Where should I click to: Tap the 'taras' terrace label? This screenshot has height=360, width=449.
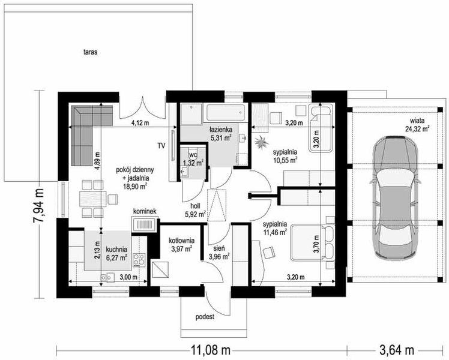click(x=91, y=52)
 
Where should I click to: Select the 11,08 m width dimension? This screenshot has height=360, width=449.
click(x=211, y=349)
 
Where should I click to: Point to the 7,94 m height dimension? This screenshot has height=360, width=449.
click(x=38, y=205)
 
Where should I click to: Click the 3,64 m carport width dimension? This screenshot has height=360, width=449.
click(x=396, y=349)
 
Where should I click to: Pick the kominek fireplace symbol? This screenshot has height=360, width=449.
click(x=143, y=224)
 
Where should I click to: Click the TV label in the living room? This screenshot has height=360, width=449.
click(x=161, y=146)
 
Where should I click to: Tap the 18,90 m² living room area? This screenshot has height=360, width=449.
click(x=134, y=187)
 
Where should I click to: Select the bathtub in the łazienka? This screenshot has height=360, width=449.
click(x=226, y=113)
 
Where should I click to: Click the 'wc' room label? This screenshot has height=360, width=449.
click(x=193, y=155)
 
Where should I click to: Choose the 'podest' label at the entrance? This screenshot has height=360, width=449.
click(x=205, y=317)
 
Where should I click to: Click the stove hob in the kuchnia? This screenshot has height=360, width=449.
click(x=139, y=260)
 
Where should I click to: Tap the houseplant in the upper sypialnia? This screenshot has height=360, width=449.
click(x=261, y=142)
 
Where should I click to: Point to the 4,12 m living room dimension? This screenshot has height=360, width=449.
click(x=140, y=124)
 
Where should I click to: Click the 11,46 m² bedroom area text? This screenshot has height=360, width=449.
click(x=275, y=232)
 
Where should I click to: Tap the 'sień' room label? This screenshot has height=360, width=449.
click(x=219, y=249)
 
